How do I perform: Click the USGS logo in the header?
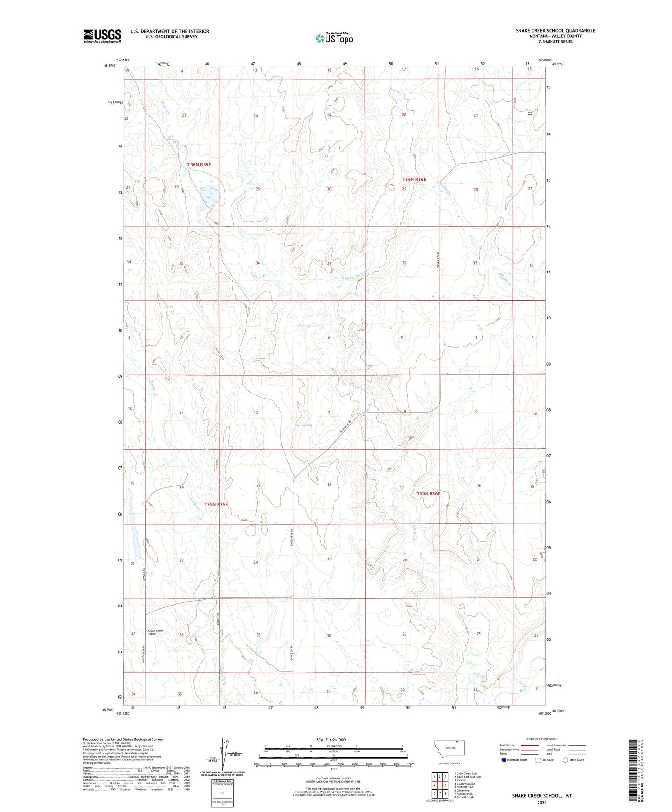pyautogui.click(x=102, y=36)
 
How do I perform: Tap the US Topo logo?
pyautogui.click(x=334, y=38)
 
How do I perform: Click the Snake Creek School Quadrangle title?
pyautogui.click(x=555, y=31)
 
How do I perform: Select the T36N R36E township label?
pyautogui.click(x=414, y=180)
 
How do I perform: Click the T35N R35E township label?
pyautogui.click(x=216, y=504)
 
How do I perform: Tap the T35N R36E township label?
pyautogui.click(x=428, y=493)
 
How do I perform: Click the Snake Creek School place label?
pyautogui.click(x=155, y=632)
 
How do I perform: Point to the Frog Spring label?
pyautogui.click(x=303, y=425)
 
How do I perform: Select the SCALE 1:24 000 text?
pyautogui.click(x=333, y=740)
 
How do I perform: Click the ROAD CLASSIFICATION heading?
pyautogui.click(x=542, y=739)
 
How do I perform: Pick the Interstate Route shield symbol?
pyautogui.click(x=504, y=760)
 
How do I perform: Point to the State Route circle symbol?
pyautogui.click(x=565, y=760)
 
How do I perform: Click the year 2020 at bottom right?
pyautogui.click(x=542, y=802)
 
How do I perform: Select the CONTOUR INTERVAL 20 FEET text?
pyautogui.click(x=333, y=779)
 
